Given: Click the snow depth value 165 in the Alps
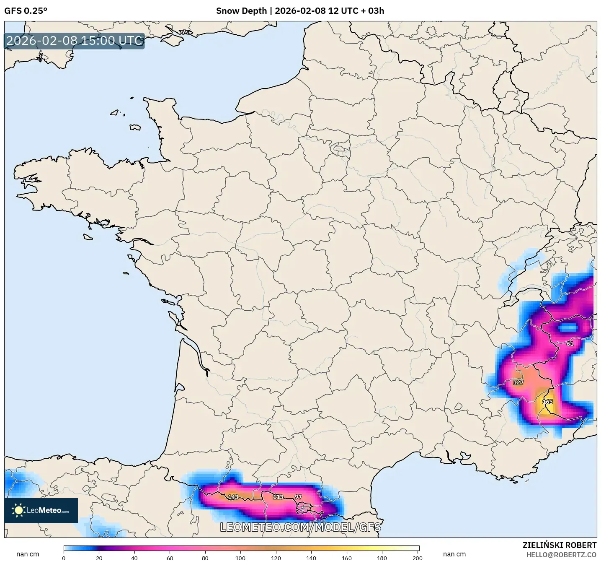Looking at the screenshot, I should click(547, 402).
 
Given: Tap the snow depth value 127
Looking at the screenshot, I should click(518, 382).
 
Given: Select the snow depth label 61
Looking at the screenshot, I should click(570, 344).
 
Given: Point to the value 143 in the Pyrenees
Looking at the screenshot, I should click(233, 497).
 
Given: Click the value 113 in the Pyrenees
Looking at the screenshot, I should click(278, 497).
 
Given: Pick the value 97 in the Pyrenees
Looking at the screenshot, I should click(298, 497).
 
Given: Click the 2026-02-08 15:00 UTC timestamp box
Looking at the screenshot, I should click(75, 41).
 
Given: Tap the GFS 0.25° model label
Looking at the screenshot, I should click(26, 11).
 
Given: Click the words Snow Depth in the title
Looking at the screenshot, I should click(241, 11).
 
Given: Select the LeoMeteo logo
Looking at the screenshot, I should click(41, 510).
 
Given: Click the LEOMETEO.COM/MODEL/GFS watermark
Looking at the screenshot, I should click(300, 527).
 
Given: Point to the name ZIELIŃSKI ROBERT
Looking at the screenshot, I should click(560, 545).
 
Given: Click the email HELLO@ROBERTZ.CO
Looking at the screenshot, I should click(561, 555).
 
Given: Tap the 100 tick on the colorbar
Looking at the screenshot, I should click(240, 558).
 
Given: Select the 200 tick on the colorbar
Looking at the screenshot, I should click(418, 558).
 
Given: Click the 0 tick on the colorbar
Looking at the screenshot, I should click(64, 558).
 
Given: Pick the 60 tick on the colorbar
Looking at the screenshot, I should click(170, 558).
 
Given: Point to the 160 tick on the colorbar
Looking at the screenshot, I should click(347, 558).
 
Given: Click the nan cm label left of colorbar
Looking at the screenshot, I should click(28, 554).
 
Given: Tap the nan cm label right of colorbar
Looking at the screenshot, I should click(454, 554).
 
